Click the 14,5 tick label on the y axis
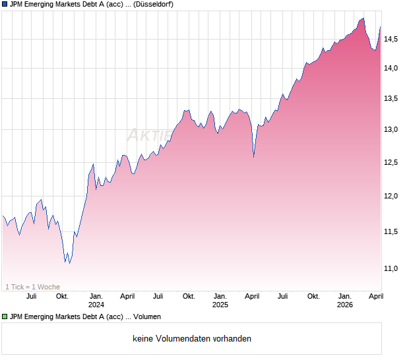pos(392,40)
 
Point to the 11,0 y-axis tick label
pos(392,268)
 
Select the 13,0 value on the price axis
pos(392,129)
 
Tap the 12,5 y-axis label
pos(392,163)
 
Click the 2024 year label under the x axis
pos(96,305)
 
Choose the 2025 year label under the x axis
pos(220,305)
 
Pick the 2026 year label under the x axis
pos(344,305)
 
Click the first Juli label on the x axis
pos(31,297)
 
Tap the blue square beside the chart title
pos(5,5)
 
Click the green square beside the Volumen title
pos(5,316)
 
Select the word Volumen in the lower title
pos(147,316)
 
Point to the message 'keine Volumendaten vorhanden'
pos(192,339)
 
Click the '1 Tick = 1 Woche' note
pos(32,287)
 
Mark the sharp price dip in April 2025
pos(254,157)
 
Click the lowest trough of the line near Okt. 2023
pos(70,263)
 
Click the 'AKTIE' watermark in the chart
pos(142,136)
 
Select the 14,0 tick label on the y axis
pos(392,68)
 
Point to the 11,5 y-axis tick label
pos(392,231)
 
